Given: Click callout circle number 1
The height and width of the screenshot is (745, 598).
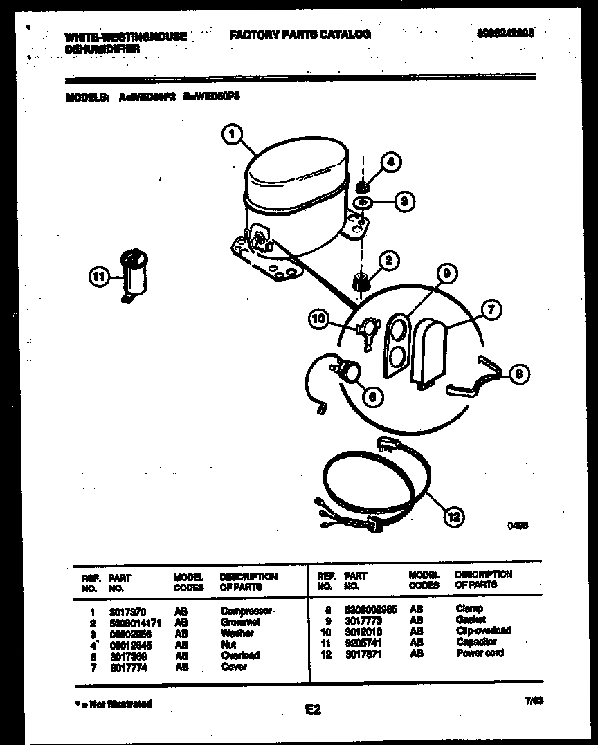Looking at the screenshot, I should (x=233, y=134).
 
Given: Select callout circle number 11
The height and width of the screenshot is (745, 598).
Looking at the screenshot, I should (x=100, y=277).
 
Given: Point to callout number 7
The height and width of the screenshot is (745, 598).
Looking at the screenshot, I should (x=491, y=310).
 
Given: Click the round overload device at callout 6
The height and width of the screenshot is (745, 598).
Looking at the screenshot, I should (x=348, y=370).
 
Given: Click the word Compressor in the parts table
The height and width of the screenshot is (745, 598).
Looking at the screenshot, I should (x=246, y=611).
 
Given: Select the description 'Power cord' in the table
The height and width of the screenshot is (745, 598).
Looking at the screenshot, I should (x=480, y=653).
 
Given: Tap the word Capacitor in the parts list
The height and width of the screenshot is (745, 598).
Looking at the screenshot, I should (x=476, y=642).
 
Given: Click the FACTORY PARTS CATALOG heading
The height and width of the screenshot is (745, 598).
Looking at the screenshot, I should (x=300, y=34).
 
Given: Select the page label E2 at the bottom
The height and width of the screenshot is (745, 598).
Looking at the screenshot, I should (x=313, y=709).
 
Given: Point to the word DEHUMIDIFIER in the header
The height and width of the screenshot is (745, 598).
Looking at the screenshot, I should (x=103, y=49).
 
